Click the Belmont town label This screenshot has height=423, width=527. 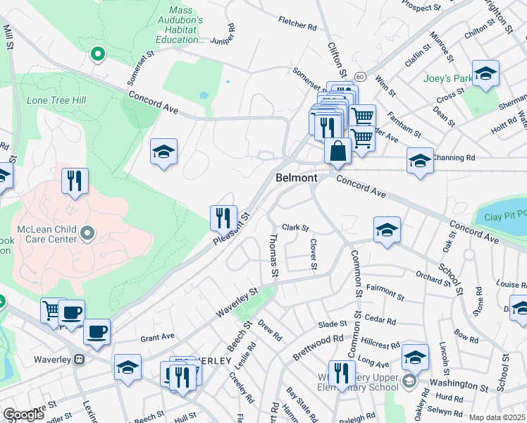click(x=296, y=178)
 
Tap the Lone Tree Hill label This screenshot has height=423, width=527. click(x=56, y=100)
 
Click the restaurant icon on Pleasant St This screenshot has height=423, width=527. click(x=223, y=217)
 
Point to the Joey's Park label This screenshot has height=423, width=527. click(x=447, y=78)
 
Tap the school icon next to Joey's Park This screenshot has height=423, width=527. click(x=485, y=73)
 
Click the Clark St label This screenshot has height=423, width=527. click(x=296, y=228)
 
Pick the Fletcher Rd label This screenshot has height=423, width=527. click(x=297, y=25)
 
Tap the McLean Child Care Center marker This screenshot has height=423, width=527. click(x=87, y=233)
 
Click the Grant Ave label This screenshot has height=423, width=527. click(x=156, y=337)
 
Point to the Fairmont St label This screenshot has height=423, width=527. click(x=384, y=288)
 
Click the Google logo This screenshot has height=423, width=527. click(x=24, y=415)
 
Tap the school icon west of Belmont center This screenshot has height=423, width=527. click(x=163, y=152)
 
